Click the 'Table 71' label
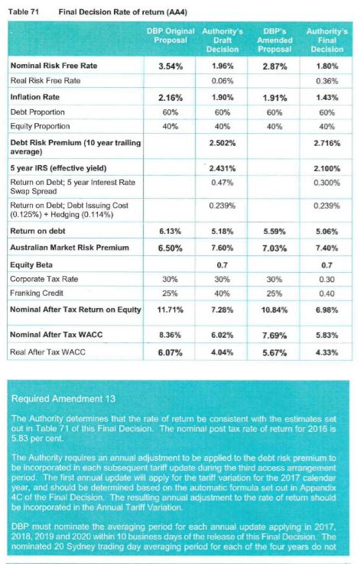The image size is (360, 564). [x=24, y=11]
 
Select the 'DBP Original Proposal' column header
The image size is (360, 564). [x=170, y=36]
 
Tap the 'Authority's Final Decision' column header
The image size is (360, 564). [x=327, y=41]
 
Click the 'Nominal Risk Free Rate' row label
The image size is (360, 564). [x=54, y=66]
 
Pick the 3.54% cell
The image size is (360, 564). [x=170, y=66]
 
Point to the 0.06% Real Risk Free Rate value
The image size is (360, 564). [x=222, y=81]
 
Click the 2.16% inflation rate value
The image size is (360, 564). [x=170, y=98]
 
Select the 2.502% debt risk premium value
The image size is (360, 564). [x=222, y=143]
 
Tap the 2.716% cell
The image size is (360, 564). [x=327, y=143]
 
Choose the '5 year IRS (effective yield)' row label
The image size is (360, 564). [x=58, y=168]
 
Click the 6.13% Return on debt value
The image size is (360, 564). [x=170, y=232]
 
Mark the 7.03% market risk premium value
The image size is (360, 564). [x=274, y=248]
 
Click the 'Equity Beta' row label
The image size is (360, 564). [x=31, y=265]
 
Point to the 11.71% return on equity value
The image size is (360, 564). [x=170, y=310]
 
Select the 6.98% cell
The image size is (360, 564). [x=327, y=310]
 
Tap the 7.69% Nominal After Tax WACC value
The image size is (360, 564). [x=274, y=335]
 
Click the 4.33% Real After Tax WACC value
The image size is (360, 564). [x=327, y=352]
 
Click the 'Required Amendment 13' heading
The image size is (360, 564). [x=63, y=398]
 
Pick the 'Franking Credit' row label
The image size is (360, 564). [x=37, y=293]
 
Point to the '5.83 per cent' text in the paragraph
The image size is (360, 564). [x=37, y=439]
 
